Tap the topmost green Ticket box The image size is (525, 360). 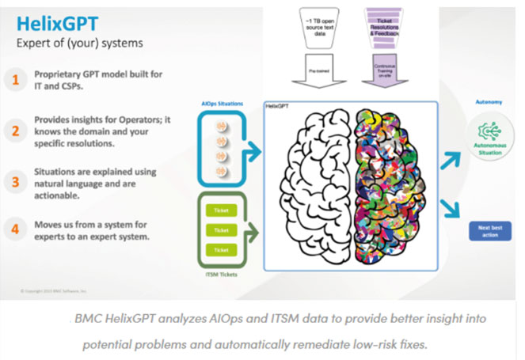click(x=222, y=210)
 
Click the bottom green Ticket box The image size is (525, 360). click(x=222, y=250)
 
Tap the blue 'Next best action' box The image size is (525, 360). click(x=489, y=230)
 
